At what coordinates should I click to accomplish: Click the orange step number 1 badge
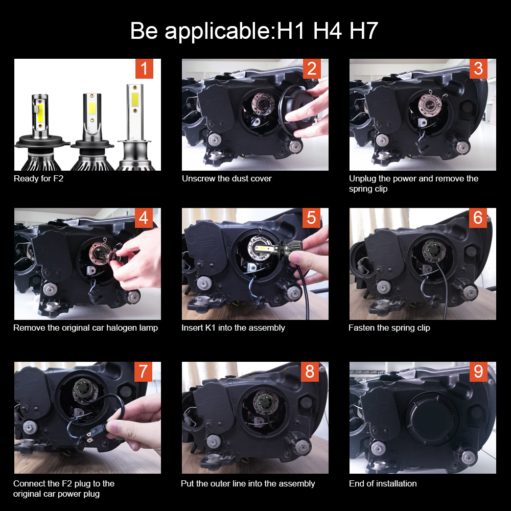click(144, 68)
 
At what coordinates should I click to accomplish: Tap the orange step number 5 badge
click(311, 218)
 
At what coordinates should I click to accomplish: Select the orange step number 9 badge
click(478, 371)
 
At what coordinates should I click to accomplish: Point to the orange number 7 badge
click(144, 371)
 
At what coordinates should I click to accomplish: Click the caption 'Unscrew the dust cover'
click(227, 178)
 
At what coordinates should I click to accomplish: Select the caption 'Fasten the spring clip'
click(389, 328)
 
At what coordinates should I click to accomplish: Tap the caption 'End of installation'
click(383, 483)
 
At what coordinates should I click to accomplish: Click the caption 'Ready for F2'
click(38, 178)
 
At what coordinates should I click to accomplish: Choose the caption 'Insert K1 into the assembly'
click(233, 328)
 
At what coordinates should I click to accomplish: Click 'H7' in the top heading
click(363, 31)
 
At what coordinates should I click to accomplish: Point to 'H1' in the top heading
click(291, 31)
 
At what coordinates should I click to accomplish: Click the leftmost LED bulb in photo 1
click(37, 128)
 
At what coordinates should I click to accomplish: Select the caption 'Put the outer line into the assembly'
click(248, 483)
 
